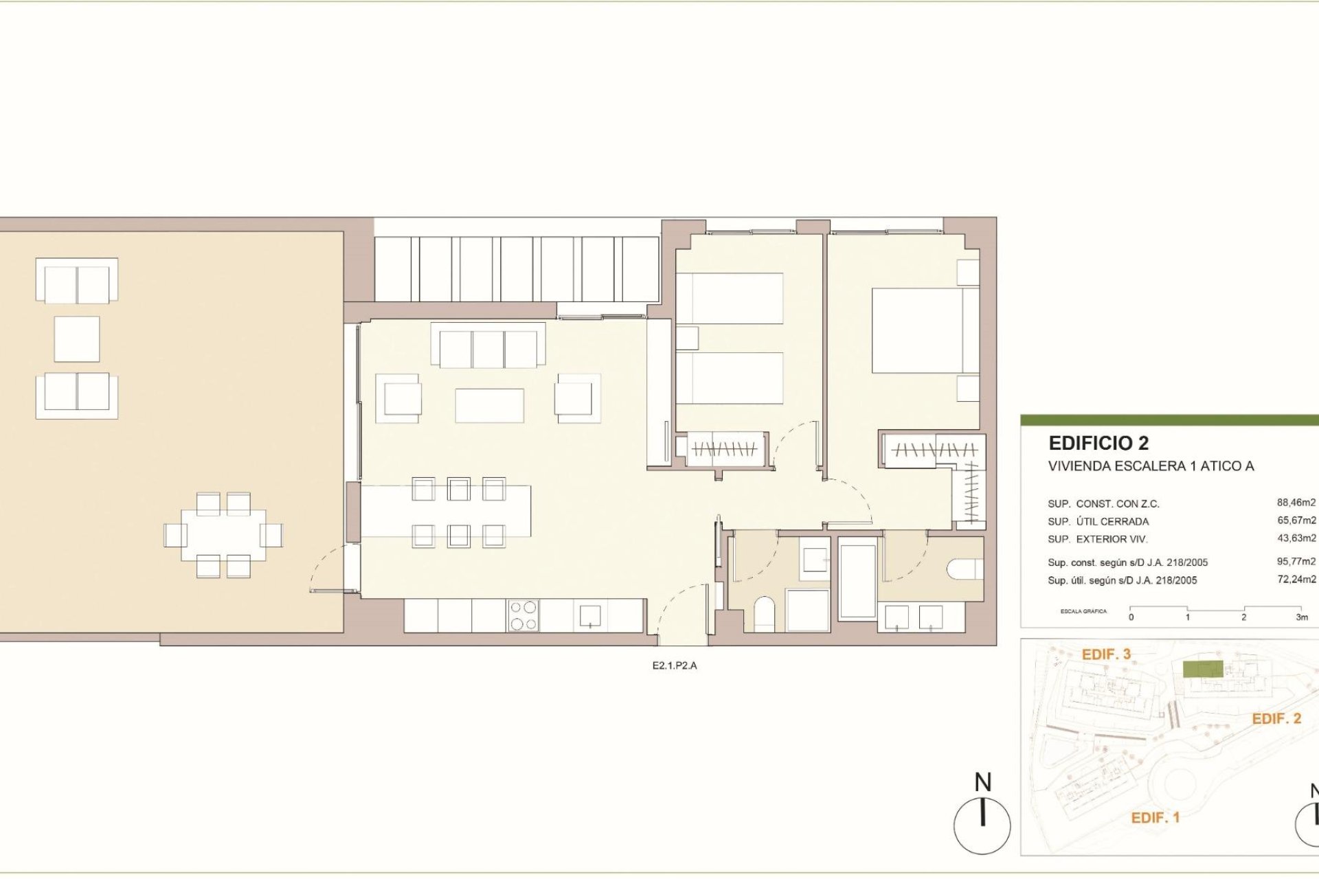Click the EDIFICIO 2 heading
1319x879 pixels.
click(1098, 443)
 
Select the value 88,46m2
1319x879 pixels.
click(1296, 503)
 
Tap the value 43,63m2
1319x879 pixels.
click(1296, 538)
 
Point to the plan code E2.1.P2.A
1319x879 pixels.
click(674, 665)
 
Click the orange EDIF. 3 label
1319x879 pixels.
click(1106, 654)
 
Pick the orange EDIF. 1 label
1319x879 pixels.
click(1155, 817)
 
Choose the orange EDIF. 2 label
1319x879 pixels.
click(1276, 718)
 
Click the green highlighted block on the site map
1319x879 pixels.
click(1202, 670)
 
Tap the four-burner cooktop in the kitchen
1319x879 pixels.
click(523, 615)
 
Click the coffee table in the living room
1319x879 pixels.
click(489, 405)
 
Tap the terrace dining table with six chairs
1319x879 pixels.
click(223, 535)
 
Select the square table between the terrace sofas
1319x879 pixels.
click(77, 339)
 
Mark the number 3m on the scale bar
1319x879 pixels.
click(1301, 617)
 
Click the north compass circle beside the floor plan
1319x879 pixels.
click(982, 824)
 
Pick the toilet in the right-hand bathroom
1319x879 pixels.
click(965, 569)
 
